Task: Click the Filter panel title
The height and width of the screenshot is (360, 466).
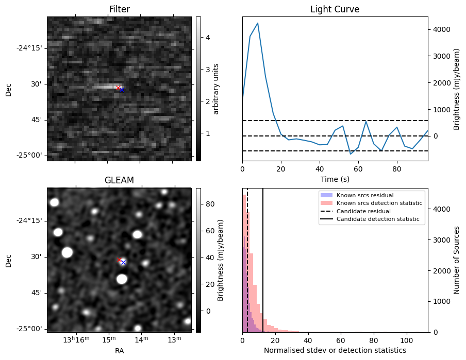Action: coord(119,9)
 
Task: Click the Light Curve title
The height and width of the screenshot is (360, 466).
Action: coord(335,9)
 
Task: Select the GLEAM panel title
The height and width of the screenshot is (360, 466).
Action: coord(119,180)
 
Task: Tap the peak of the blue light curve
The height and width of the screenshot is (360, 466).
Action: coord(258,23)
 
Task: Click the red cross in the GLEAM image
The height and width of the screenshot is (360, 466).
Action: coord(119,260)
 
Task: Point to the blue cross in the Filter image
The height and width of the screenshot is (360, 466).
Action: coord(122,90)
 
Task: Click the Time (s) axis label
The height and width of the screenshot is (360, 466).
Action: coord(335,178)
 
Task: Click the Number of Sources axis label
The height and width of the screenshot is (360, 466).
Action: coord(457,260)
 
